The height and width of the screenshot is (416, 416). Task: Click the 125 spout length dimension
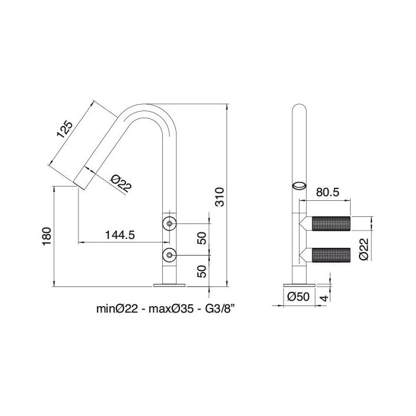[x=65, y=130]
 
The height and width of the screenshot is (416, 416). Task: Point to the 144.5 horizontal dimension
[x=119, y=235]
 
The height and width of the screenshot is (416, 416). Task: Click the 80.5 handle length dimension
[x=327, y=193]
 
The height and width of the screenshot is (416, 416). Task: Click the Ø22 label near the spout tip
[x=121, y=184]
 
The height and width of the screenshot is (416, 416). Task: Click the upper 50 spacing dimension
[x=201, y=239]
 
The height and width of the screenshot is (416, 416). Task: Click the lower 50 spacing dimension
[x=201, y=271]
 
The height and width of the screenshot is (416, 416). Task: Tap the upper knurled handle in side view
[x=332, y=225]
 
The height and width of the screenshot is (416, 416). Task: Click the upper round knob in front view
[x=170, y=224]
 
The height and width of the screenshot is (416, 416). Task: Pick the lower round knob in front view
[x=170, y=256]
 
